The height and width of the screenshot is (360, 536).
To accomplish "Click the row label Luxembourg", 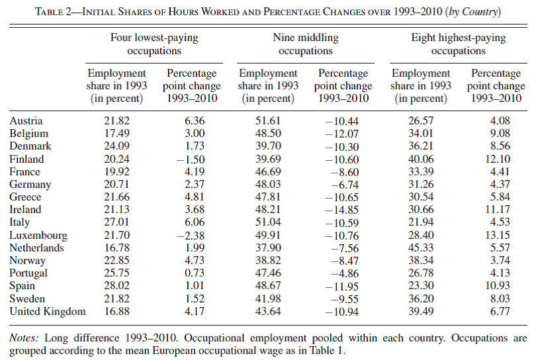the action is [38, 236].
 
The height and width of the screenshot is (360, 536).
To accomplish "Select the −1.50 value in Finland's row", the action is [191, 159].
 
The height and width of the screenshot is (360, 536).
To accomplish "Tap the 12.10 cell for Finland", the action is [498, 159].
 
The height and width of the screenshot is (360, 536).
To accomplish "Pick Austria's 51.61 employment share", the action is [268, 120].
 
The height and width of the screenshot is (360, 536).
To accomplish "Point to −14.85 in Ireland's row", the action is [342, 210].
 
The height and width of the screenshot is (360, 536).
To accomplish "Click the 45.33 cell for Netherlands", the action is [421, 247].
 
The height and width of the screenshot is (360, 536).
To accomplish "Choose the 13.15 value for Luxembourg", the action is [498, 235].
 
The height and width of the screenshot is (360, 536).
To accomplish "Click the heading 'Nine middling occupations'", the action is [306, 44].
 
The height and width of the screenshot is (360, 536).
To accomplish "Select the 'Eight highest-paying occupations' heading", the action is [459, 44].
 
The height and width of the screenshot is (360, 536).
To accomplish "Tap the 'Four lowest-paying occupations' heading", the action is [154, 44].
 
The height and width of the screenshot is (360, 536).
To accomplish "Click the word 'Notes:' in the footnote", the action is [24, 338].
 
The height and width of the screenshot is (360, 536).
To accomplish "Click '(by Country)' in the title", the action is [473, 12].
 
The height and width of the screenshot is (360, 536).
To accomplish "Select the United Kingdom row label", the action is [48, 312].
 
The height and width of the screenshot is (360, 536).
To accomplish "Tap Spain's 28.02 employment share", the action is [116, 285].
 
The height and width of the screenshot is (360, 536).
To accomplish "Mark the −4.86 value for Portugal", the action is [345, 273].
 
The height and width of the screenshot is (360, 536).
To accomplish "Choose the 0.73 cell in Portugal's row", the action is [195, 273].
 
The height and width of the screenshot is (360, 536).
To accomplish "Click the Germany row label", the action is [30, 185].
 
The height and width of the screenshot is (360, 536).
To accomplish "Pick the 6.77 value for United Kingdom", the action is [500, 312].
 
